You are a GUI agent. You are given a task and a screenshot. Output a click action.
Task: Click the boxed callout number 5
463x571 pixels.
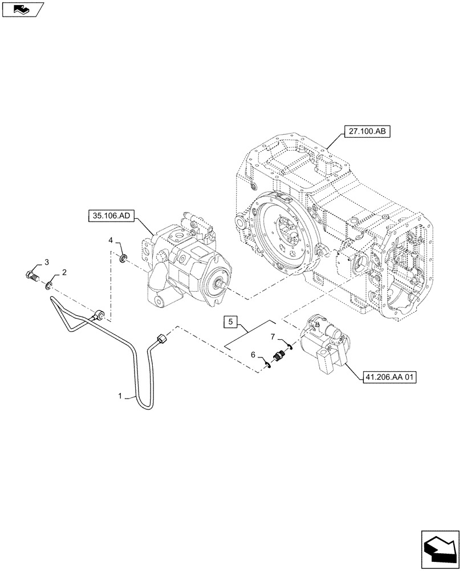tap(231, 322)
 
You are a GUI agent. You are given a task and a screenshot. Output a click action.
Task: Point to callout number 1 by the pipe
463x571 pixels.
tap(120, 395)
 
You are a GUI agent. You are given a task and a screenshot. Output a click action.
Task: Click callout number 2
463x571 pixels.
tap(64, 273)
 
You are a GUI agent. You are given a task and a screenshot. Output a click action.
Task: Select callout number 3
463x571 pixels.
tap(47, 262)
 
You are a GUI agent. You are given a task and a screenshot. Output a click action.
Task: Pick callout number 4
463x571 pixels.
tap(111, 242)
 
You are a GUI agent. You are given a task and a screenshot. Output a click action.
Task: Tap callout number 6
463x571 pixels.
tap(253, 355)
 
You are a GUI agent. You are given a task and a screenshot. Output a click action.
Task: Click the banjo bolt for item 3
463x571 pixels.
tap(33, 276)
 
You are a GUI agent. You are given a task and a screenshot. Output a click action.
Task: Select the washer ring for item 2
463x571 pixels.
tap(50, 284)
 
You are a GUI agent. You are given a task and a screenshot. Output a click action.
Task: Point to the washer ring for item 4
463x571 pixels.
tap(123, 260)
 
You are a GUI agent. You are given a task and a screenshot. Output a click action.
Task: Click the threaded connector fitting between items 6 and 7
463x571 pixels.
tap(279, 353)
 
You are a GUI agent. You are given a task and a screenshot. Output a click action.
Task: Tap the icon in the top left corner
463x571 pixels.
tap(22, 9)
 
